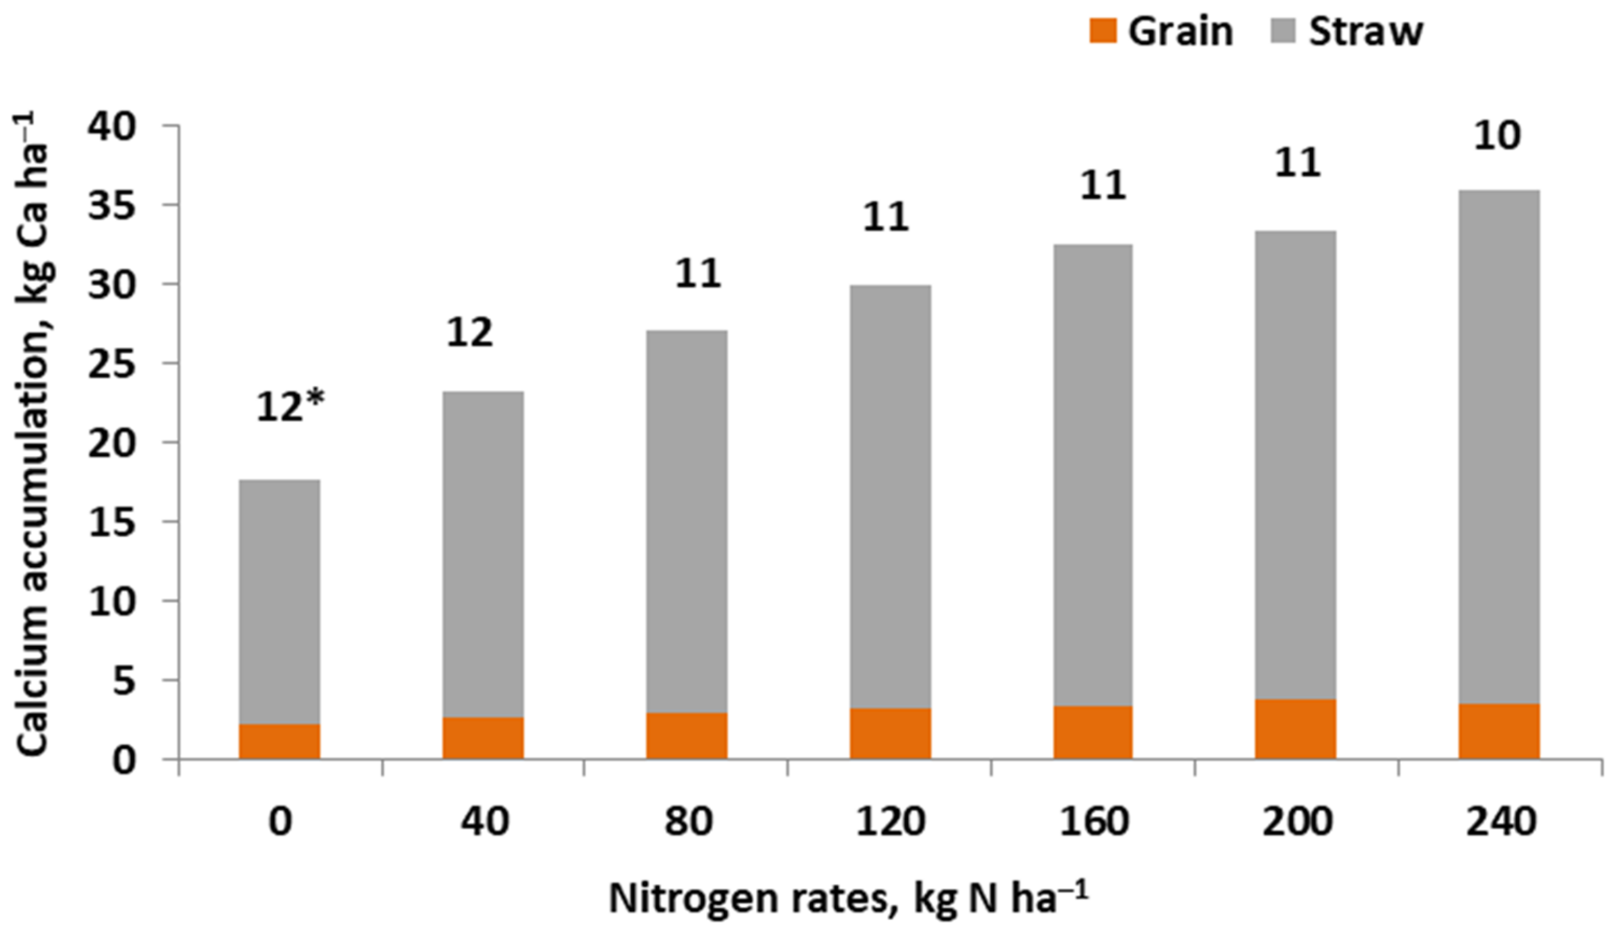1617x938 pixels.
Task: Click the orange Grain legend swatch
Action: tap(1103, 31)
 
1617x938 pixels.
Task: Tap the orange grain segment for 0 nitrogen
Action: tap(279, 742)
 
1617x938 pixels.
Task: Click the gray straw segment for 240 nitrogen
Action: tap(1499, 449)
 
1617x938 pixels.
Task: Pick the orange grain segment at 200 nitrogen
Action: tap(1295, 729)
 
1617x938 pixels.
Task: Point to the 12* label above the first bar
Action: tap(290, 407)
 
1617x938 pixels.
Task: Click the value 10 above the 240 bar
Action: tap(1497, 136)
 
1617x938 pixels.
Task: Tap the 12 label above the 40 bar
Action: tap(470, 333)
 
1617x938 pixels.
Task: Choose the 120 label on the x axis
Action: tap(890, 820)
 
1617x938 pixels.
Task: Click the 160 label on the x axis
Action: tap(1093, 820)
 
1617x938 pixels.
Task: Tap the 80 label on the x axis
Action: tap(688, 820)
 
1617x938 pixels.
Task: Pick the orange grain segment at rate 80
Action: tap(686, 736)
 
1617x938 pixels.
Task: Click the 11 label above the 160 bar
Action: tap(1103, 186)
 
